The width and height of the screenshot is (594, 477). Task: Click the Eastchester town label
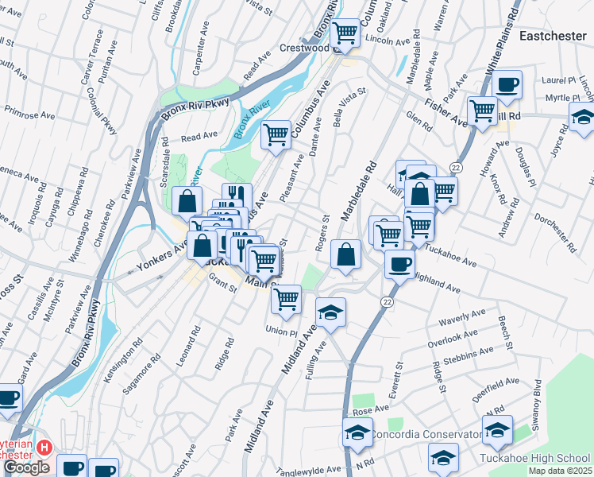(553, 36)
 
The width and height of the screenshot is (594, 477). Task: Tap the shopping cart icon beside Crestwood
(345, 33)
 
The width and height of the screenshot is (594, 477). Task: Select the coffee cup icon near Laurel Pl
(507, 84)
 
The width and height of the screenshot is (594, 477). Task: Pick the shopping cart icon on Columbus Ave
(276, 134)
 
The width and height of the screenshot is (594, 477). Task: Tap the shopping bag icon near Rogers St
(346, 254)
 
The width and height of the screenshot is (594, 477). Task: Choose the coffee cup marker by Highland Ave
(399, 263)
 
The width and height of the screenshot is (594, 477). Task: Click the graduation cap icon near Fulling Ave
(331, 311)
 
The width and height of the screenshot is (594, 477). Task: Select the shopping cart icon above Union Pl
(285, 300)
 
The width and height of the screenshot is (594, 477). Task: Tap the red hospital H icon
(44, 448)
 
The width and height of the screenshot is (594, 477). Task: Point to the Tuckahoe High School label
(535, 458)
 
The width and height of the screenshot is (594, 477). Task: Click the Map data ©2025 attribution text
(559, 471)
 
